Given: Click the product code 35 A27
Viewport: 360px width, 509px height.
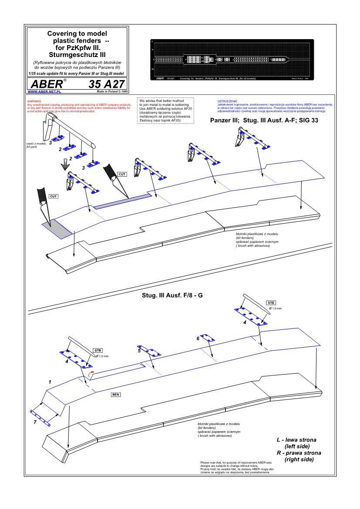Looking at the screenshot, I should [x=106, y=84].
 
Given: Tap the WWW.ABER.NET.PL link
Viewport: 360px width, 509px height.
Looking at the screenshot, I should [x=44, y=92].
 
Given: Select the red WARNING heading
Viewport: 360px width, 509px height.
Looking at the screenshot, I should [x=34, y=101].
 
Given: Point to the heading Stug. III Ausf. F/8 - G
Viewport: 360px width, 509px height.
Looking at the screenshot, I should [x=172, y=295].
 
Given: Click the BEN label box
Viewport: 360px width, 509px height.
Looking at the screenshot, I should [x=116, y=394].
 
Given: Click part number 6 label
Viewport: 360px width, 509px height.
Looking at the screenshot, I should [x=198, y=338].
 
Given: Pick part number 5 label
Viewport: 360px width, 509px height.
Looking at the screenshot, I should [x=139, y=350].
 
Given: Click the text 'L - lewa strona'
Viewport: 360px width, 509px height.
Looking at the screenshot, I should [x=296, y=440].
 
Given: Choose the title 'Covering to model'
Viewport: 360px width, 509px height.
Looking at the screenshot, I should [x=77, y=33].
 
